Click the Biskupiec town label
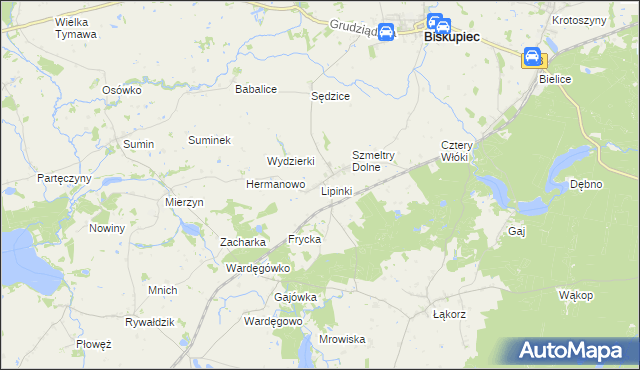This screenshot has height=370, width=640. click(x=452, y=37)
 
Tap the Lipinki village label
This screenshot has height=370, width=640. click(x=337, y=190)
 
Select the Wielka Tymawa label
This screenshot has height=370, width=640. click(x=76, y=27)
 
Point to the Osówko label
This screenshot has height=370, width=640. click(x=122, y=89)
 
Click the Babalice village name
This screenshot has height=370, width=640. click(x=255, y=89)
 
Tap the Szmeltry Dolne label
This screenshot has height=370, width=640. click(x=374, y=161)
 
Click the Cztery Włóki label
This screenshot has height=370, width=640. click(x=462, y=151)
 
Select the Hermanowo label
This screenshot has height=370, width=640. click(x=275, y=184)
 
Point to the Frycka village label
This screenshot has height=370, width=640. click(x=304, y=240)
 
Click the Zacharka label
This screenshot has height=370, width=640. click(x=242, y=242)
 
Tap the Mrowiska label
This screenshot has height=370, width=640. click(x=342, y=339)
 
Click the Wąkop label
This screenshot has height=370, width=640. click(x=576, y=295)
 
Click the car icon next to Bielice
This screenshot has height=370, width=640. click(x=533, y=57)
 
